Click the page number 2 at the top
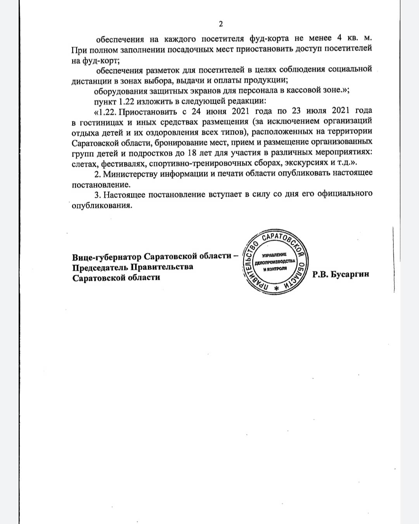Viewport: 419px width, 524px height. [221, 24]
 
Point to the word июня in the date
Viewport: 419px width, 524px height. [216, 111]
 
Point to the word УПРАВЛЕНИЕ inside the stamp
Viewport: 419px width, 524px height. [274, 255]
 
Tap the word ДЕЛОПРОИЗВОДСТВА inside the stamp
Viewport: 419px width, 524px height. [275, 262]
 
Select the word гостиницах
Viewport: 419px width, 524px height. [100, 122]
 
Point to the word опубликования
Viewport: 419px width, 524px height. [102, 205]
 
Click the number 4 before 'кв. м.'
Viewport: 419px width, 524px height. [339, 38]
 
